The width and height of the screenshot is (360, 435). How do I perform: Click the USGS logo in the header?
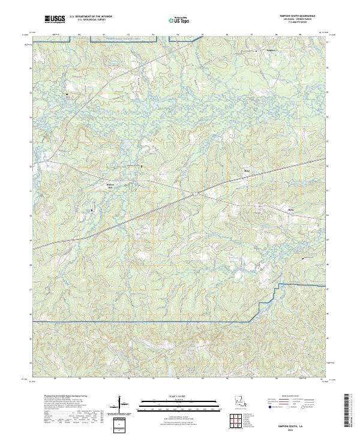(x=56, y=19)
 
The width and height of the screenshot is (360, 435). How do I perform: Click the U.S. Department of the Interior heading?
(x=91, y=17)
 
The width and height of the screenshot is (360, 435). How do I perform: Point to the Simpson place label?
(x=254, y=50)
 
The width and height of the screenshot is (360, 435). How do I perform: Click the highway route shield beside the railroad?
(x=196, y=193)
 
